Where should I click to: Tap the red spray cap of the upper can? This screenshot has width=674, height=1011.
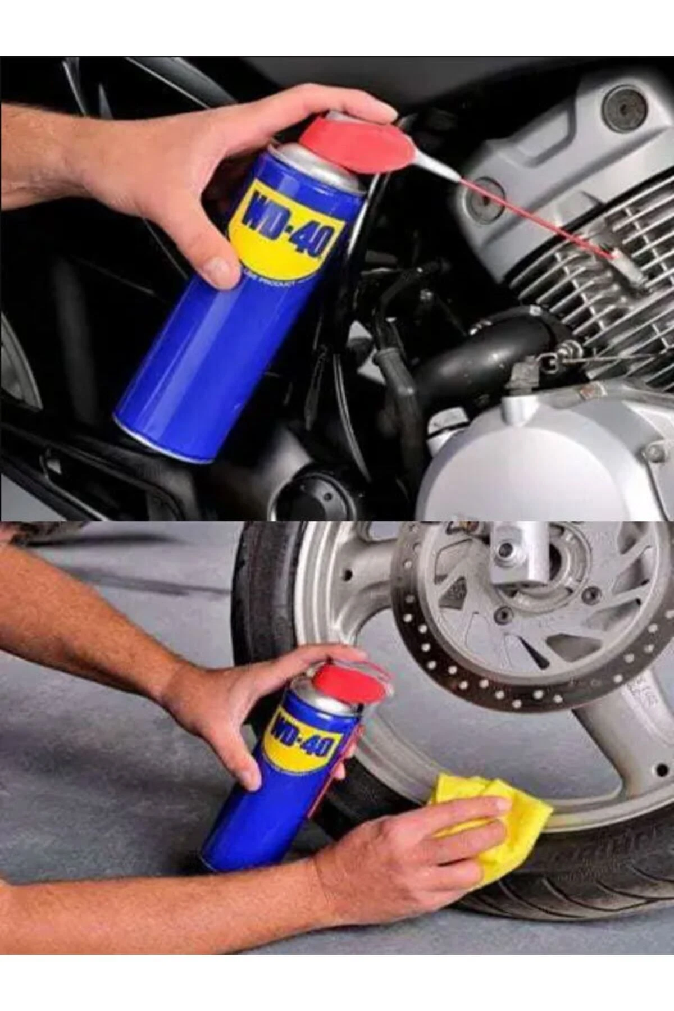coord(359,143)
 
